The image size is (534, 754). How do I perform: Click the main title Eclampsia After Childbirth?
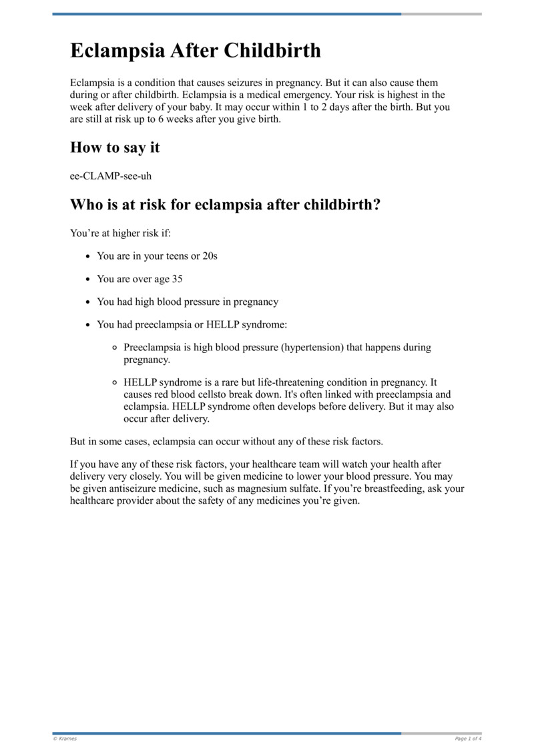196,51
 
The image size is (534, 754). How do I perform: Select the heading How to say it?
115,147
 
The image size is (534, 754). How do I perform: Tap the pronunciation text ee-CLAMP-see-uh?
106,175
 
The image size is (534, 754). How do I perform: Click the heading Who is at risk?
225,204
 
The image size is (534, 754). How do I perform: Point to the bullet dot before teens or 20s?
89,256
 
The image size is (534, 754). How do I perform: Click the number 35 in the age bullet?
176,279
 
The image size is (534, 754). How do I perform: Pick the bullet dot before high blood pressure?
89,302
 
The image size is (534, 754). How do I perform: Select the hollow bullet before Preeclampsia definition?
115,348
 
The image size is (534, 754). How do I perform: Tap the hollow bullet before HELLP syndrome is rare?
115,383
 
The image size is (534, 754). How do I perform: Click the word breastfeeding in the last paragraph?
389,489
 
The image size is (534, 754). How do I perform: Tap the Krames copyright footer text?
65,739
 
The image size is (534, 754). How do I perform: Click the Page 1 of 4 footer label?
468,739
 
